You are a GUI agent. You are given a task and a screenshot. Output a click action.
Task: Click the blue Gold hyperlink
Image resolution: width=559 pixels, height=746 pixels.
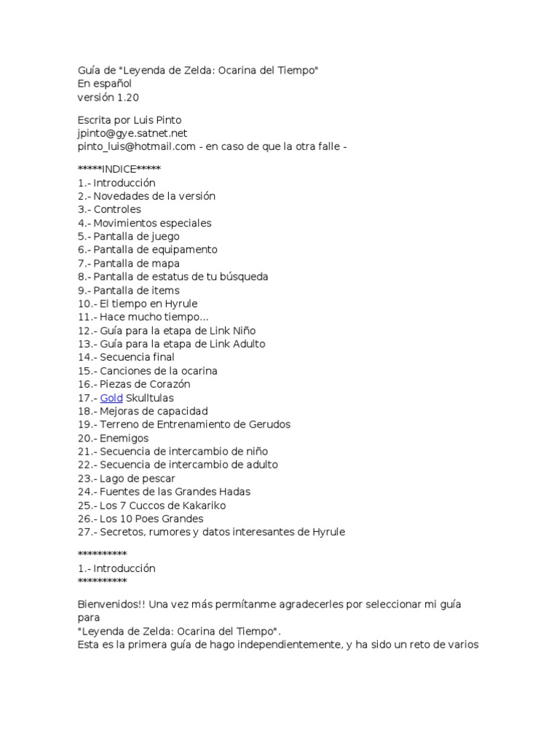tap(111, 398)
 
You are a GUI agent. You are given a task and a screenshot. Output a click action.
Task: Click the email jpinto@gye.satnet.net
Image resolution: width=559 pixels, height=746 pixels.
tap(132, 133)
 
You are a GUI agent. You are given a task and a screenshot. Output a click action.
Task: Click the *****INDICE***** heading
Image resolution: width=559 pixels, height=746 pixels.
tap(119, 170)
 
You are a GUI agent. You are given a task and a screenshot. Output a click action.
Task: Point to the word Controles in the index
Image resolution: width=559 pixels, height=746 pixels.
tap(117, 210)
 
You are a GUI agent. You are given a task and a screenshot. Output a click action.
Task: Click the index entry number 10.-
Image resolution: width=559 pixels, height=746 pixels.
tap(87, 304)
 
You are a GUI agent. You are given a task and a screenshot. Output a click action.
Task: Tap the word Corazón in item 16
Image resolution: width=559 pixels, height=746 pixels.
tap(170, 384)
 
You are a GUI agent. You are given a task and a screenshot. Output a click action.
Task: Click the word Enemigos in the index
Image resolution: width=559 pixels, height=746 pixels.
tap(124, 438)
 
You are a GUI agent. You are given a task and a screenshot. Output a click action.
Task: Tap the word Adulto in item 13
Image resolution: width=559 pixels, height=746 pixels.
tap(247, 344)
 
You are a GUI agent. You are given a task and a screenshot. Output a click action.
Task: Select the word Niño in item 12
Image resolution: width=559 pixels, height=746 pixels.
tap(240, 331)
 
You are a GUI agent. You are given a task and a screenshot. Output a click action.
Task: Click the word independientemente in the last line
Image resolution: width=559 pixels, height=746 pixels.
tap(284, 645)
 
